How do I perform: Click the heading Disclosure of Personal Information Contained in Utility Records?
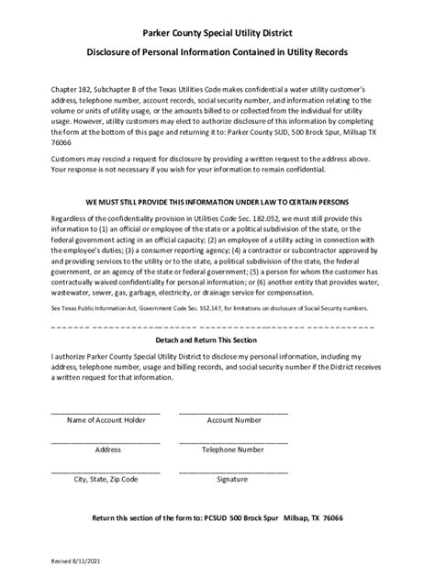click(217, 53)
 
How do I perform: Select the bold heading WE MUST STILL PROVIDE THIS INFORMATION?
click(217, 200)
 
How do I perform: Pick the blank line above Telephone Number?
click(233, 441)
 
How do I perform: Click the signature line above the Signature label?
click(233, 471)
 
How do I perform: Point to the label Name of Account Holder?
click(106, 420)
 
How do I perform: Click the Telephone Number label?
click(233, 450)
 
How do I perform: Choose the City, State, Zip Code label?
click(106, 479)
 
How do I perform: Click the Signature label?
click(233, 479)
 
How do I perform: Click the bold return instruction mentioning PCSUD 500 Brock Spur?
click(217, 518)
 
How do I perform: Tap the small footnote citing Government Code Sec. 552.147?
click(211, 309)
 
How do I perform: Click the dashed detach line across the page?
click(217, 325)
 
